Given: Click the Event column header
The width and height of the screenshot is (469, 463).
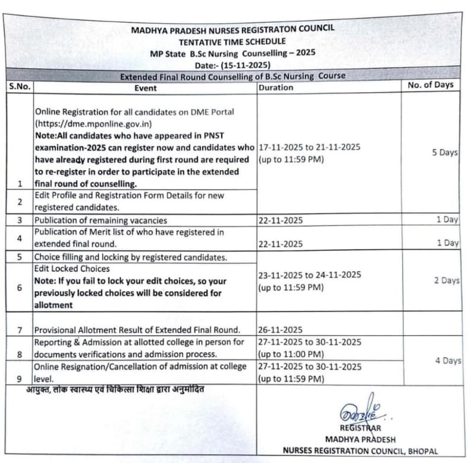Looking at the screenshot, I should (x=145, y=88).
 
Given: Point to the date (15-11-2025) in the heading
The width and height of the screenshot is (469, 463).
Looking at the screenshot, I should (x=232, y=64).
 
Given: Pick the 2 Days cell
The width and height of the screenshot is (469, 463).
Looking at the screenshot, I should (x=444, y=281).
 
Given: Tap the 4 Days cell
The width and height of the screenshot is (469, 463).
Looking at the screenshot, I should (x=445, y=361).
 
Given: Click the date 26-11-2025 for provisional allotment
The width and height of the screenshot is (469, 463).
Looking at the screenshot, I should (x=281, y=329).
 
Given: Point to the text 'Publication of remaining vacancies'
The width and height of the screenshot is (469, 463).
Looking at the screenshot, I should (x=100, y=220).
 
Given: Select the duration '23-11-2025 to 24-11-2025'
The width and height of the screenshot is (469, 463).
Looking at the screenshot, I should (x=309, y=275).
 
